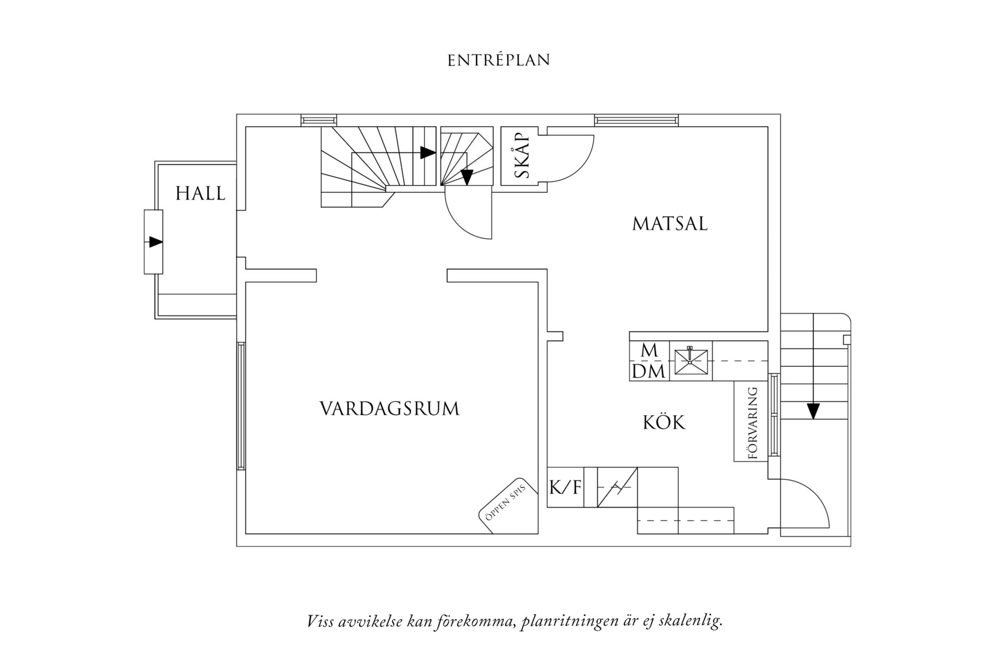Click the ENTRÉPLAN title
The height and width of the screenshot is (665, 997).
pyautogui.click(x=498, y=60)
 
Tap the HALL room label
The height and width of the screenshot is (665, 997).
pyautogui.click(x=200, y=194)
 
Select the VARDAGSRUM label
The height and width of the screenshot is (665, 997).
pyautogui.click(x=389, y=408)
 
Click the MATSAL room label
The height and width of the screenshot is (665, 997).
pyautogui.click(x=670, y=224)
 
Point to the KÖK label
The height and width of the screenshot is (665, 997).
pyautogui.click(x=664, y=422)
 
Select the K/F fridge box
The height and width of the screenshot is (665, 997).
pyautogui.click(x=565, y=487)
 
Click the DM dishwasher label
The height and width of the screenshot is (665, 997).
pyautogui.click(x=649, y=371)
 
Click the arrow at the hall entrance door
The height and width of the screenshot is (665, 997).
pyautogui.click(x=155, y=242)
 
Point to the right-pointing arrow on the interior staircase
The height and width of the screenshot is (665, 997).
pyautogui.click(x=427, y=152)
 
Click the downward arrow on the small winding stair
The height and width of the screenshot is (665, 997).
pyautogui.click(x=467, y=177)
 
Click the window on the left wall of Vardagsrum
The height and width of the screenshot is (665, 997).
pyautogui.click(x=240, y=406)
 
